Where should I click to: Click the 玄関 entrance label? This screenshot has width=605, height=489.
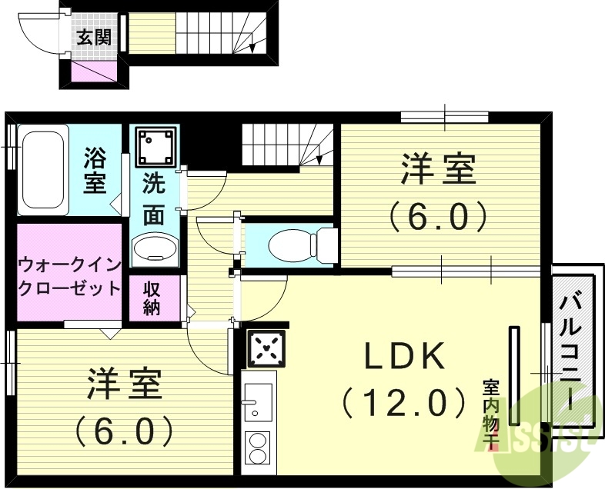point(92,36)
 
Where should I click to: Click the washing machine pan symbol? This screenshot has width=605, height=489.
point(156,145)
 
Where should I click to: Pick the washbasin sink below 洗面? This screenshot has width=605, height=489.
point(155,248)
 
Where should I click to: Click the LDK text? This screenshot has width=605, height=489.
point(404,356)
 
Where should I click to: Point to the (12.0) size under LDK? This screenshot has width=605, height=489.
point(404,401)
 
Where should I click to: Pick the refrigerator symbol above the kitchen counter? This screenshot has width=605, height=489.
point(266,349)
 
